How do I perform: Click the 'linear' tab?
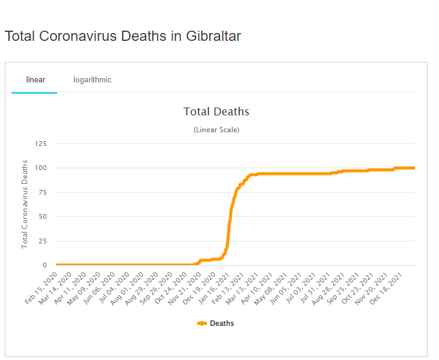coord(35,79)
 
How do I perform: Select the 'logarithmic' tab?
coord(93,79)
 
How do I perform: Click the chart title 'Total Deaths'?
coord(216,111)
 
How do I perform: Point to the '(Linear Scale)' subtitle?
coord(216,130)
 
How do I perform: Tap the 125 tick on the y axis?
coord(41,144)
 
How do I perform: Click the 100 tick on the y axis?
coord(41,168)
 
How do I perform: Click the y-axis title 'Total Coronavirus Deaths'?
coord(25,204)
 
